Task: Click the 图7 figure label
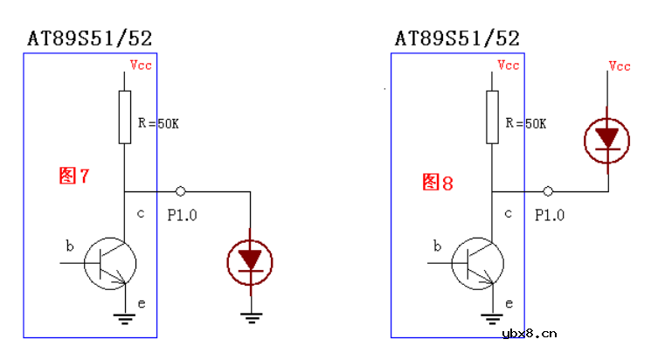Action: tap(74, 176)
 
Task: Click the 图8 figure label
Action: tap(438, 183)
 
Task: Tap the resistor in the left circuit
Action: tap(125, 117)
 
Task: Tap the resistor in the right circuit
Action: tap(492, 117)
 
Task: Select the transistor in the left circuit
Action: tap(110, 264)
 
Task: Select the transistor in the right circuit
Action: tap(478, 264)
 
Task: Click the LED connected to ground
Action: tap(250, 263)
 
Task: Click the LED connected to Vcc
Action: tap(606, 141)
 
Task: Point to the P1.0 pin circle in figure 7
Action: tap(180, 191)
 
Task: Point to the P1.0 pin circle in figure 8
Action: tap(548, 191)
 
